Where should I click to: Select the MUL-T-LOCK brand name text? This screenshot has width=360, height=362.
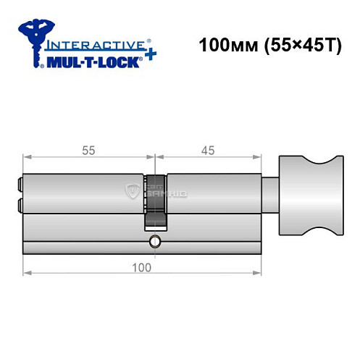pos(90,63)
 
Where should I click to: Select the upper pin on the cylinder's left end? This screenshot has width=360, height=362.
pos(19,185)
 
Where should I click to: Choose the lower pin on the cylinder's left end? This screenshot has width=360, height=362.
pos(19,204)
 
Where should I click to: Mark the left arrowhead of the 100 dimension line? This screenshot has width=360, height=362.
pos(27,274)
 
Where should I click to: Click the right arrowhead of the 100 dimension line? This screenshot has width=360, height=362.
pos(257,274)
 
